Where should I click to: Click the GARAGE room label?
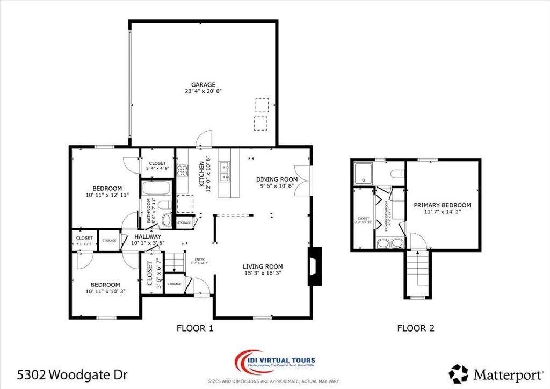click(203, 84)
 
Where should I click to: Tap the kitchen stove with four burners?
click(183, 170)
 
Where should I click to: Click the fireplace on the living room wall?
click(314, 265)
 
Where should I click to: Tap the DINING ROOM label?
click(277, 179)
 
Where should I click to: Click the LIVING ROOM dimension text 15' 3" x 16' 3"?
click(262, 273)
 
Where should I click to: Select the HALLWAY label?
click(148, 236)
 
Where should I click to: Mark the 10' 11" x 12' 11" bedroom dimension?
click(107, 195)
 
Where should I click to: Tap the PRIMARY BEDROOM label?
click(442, 205)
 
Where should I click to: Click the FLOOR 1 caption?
click(196, 328)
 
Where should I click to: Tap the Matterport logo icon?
click(458, 373)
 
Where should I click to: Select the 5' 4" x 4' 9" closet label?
click(157, 166)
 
